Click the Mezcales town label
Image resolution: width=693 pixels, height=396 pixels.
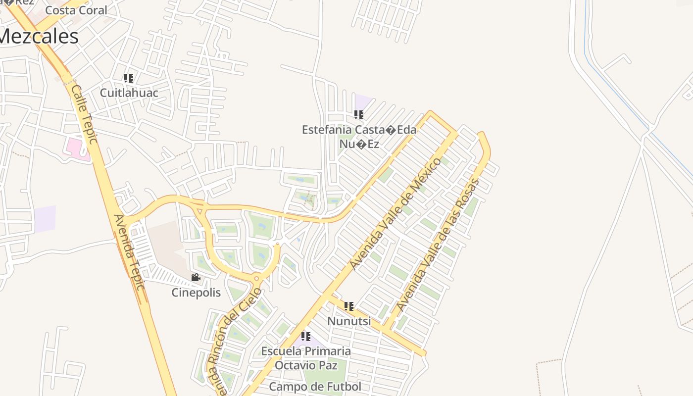click(x=39, y=37)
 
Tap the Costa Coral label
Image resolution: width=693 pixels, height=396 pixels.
click(x=76, y=10)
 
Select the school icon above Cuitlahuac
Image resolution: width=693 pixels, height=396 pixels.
click(x=129, y=78)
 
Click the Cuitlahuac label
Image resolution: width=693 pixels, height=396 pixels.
click(x=129, y=93)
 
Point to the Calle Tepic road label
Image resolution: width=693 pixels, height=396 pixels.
click(x=84, y=114)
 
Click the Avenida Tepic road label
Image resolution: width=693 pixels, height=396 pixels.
click(x=128, y=252)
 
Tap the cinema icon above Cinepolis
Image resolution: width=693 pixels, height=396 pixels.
click(x=196, y=278)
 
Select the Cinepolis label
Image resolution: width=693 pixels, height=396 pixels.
click(x=196, y=293)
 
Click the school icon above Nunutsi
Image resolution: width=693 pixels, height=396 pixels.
click(x=349, y=306)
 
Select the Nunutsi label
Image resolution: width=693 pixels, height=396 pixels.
click(x=349, y=321)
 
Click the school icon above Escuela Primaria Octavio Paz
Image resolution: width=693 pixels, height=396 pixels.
click(x=306, y=337)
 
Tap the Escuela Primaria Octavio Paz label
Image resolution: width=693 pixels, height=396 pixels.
click(x=306, y=358)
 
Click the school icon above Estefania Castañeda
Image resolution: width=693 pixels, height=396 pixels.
click(x=359, y=115)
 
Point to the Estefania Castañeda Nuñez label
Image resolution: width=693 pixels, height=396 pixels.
click(x=359, y=137)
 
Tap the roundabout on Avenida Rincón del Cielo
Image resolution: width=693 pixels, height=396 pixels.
click(x=256, y=279)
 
